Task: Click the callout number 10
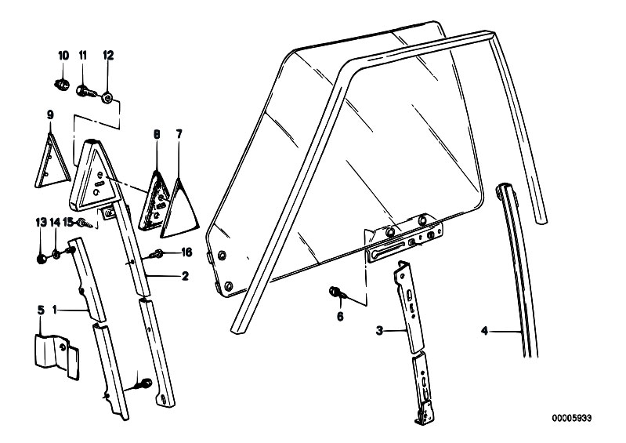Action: pos(63,56)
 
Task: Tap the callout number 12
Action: pos(108,56)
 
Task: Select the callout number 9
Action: pos(50,115)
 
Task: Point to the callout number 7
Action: pos(179,134)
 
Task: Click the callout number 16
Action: pos(186,252)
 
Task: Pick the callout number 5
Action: pos(40,310)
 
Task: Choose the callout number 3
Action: pos(379,330)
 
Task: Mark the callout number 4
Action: pos(484,331)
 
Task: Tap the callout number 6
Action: pos(340,316)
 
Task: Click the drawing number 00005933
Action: pos(572,418)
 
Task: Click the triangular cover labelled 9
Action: pos(52,162)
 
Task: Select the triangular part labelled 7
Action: pos(179,209)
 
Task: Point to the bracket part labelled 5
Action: pos(56,356)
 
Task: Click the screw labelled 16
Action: pos(156,254)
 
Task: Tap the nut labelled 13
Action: pos(41,260)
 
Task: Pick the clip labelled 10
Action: pos(61,84)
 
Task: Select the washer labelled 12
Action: pos(107,97)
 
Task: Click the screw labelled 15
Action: pos(85,223)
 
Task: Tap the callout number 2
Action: pos(185,276)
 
